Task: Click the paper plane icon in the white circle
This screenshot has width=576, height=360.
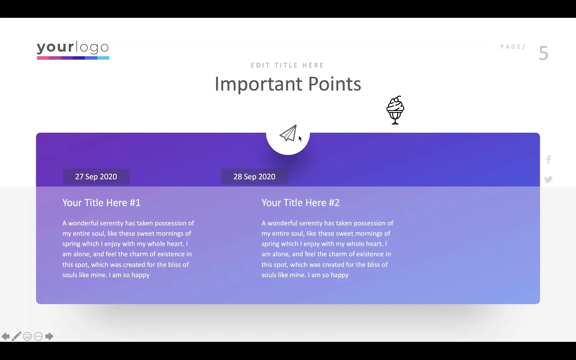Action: (288, 133)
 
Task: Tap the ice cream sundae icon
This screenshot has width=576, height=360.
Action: (395, 110)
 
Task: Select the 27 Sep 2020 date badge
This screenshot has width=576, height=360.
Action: (96, 177)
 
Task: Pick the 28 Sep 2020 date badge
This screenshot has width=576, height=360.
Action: (254, 177)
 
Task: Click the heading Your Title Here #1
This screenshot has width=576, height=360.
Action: (101, 203)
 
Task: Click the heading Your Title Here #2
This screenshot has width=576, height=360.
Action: (300, 203)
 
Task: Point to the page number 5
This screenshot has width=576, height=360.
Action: (543, 53)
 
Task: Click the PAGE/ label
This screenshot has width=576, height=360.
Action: (513, 47)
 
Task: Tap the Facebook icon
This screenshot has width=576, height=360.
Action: (549, 160)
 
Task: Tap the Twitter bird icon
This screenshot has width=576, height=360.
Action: (548, 179)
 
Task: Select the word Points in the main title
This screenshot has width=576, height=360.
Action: (334, 84)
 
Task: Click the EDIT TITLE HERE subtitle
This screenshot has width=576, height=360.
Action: (287, 65)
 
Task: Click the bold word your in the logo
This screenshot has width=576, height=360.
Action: (55, 47)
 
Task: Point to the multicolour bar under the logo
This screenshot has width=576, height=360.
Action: (73, 58)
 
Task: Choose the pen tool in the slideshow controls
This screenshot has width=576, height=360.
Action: (16, 336)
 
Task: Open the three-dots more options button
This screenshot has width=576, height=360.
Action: (38, 336)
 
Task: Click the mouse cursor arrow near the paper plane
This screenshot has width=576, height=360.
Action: (300, 138)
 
